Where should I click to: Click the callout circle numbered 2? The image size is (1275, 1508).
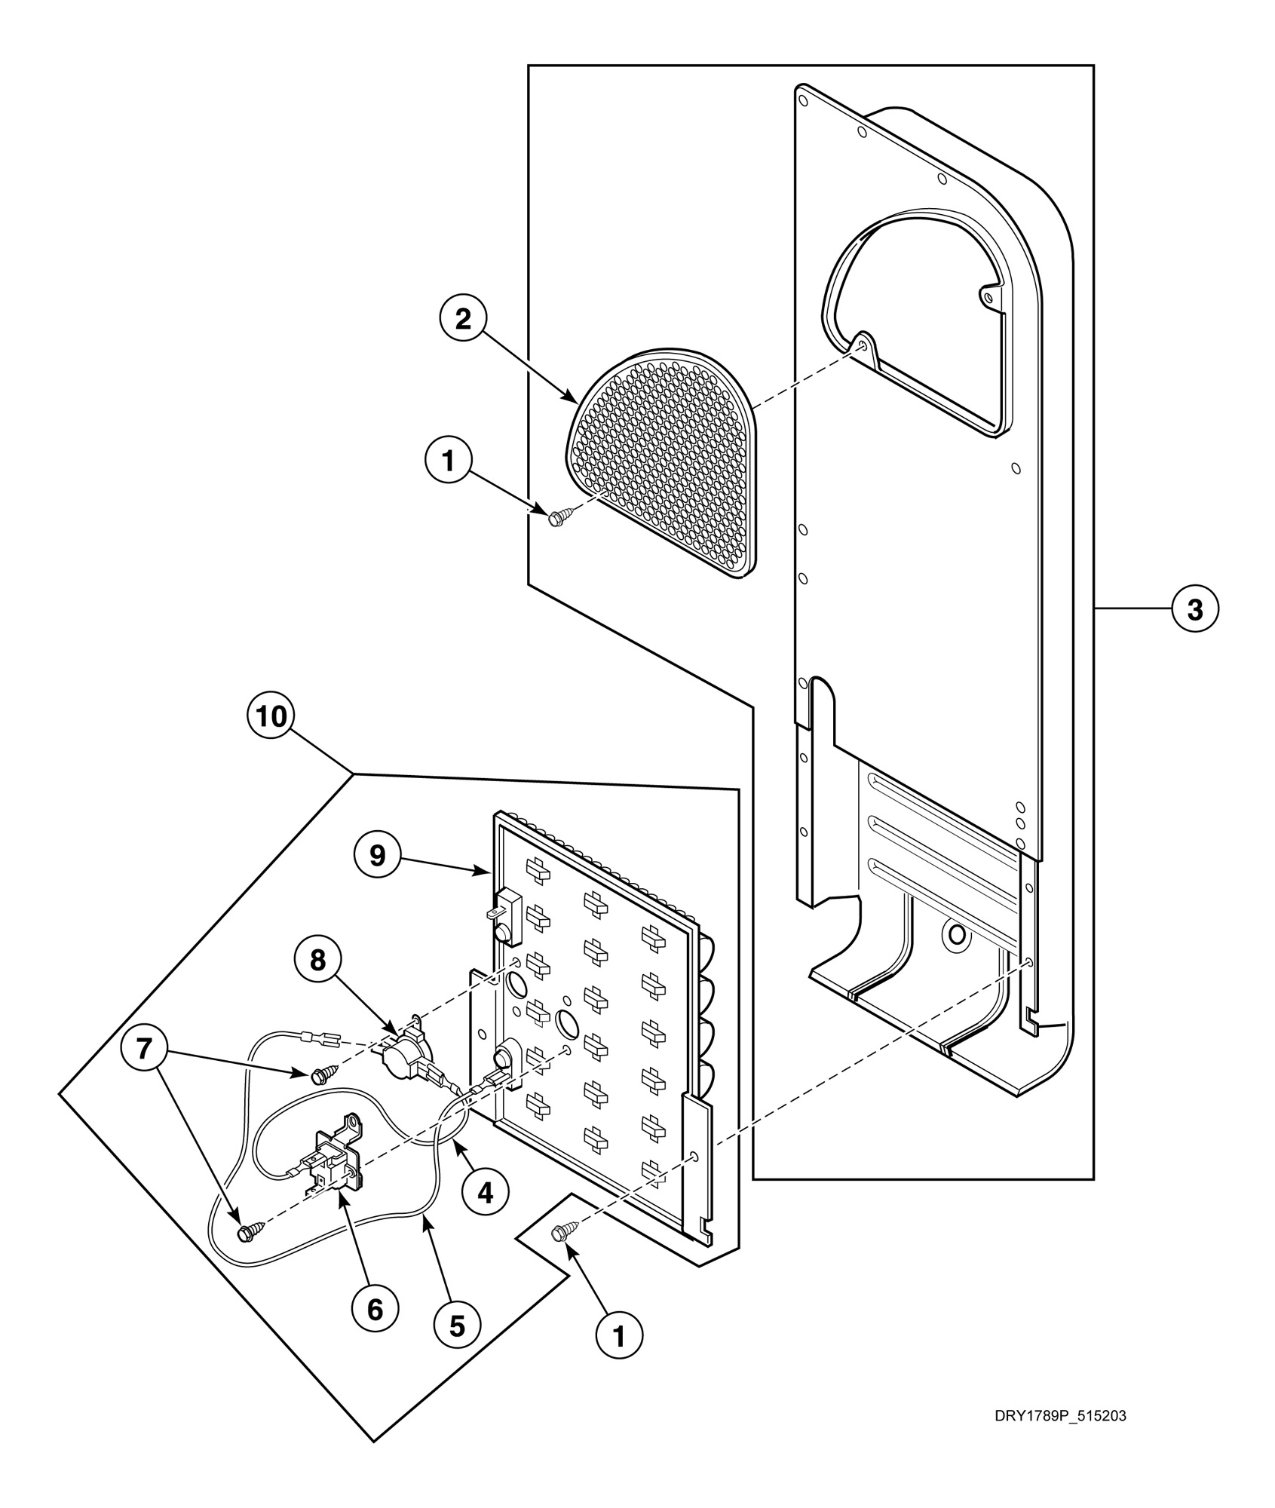(x=463, y=320)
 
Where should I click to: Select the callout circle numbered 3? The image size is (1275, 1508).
(x=1195, y=608)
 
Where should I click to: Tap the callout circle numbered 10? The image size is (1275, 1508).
(x=271, y=716)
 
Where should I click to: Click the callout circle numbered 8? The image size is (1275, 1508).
(x=317, y=960)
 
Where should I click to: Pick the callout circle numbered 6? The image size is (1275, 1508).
(x=375, y=1310)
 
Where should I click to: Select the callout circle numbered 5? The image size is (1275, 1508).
(x=458, y=1326)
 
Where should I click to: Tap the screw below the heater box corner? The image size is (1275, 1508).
(x=562, y=1233)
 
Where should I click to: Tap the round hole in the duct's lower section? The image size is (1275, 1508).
(x=957, y=936)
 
